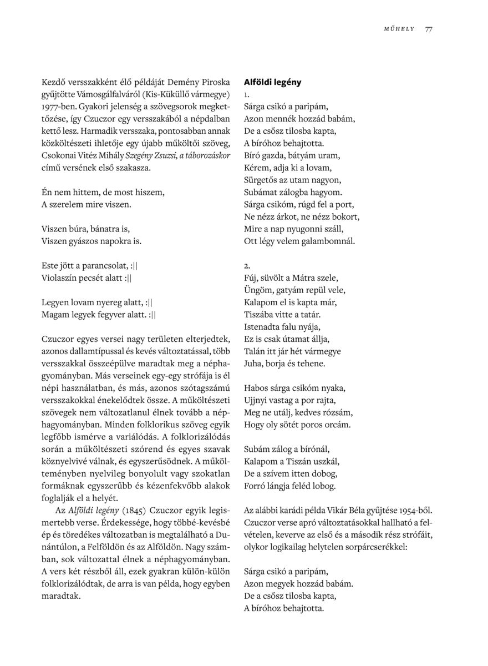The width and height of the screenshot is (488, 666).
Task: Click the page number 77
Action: pos(429,29)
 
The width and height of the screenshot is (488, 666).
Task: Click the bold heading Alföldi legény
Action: pos(272,82)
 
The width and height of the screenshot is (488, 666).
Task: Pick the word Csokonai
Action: pos(58,155)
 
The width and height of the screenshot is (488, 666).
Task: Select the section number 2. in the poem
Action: pos(247,266)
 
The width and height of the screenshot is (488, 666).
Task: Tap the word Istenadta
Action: pos(263,327)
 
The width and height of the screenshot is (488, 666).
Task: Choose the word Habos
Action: pos(256,388)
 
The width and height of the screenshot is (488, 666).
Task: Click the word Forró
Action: pos(255,486)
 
